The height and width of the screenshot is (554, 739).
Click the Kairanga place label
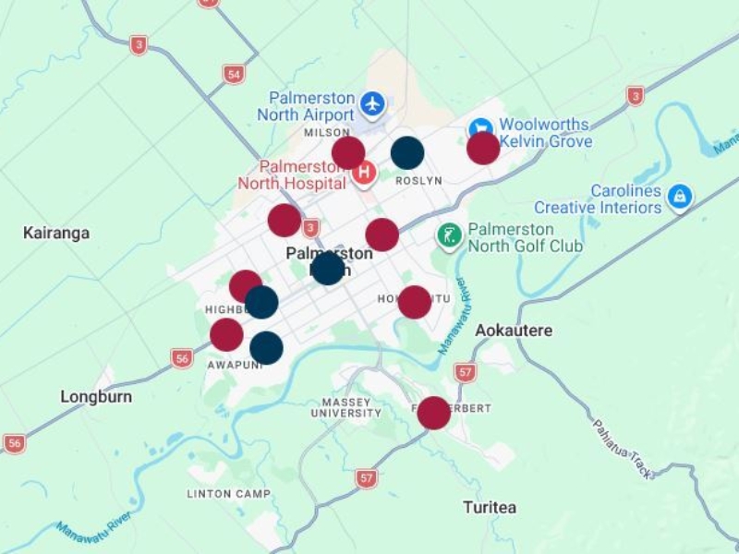pos(56,233)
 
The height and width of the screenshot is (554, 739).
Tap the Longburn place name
pos(96,397)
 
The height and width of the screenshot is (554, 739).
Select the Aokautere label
pos(514,330)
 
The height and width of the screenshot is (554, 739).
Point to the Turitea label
pos(489,507)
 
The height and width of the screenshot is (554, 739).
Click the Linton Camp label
pos(229,494)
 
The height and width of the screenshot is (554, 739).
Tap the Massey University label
pos(346,408)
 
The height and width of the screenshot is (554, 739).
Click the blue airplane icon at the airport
pos(372,103)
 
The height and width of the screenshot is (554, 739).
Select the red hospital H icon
pos(365,172)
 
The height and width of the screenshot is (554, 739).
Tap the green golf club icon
pos(449,236)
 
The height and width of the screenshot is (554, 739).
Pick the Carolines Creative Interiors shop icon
pos(680,197)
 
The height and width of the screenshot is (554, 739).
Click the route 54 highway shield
pos(234,75)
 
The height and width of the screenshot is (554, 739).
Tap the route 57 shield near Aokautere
pos(466,373)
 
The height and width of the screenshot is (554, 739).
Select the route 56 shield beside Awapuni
pos(182,358)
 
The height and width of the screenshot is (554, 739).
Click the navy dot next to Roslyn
pos(407,153)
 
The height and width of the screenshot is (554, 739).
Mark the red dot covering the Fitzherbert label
pos(433,413)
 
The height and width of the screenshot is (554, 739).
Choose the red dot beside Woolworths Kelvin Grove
pos(483,149)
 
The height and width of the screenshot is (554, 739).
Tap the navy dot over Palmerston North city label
pos(327,269)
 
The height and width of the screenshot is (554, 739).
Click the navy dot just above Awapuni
pos(266,347)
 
